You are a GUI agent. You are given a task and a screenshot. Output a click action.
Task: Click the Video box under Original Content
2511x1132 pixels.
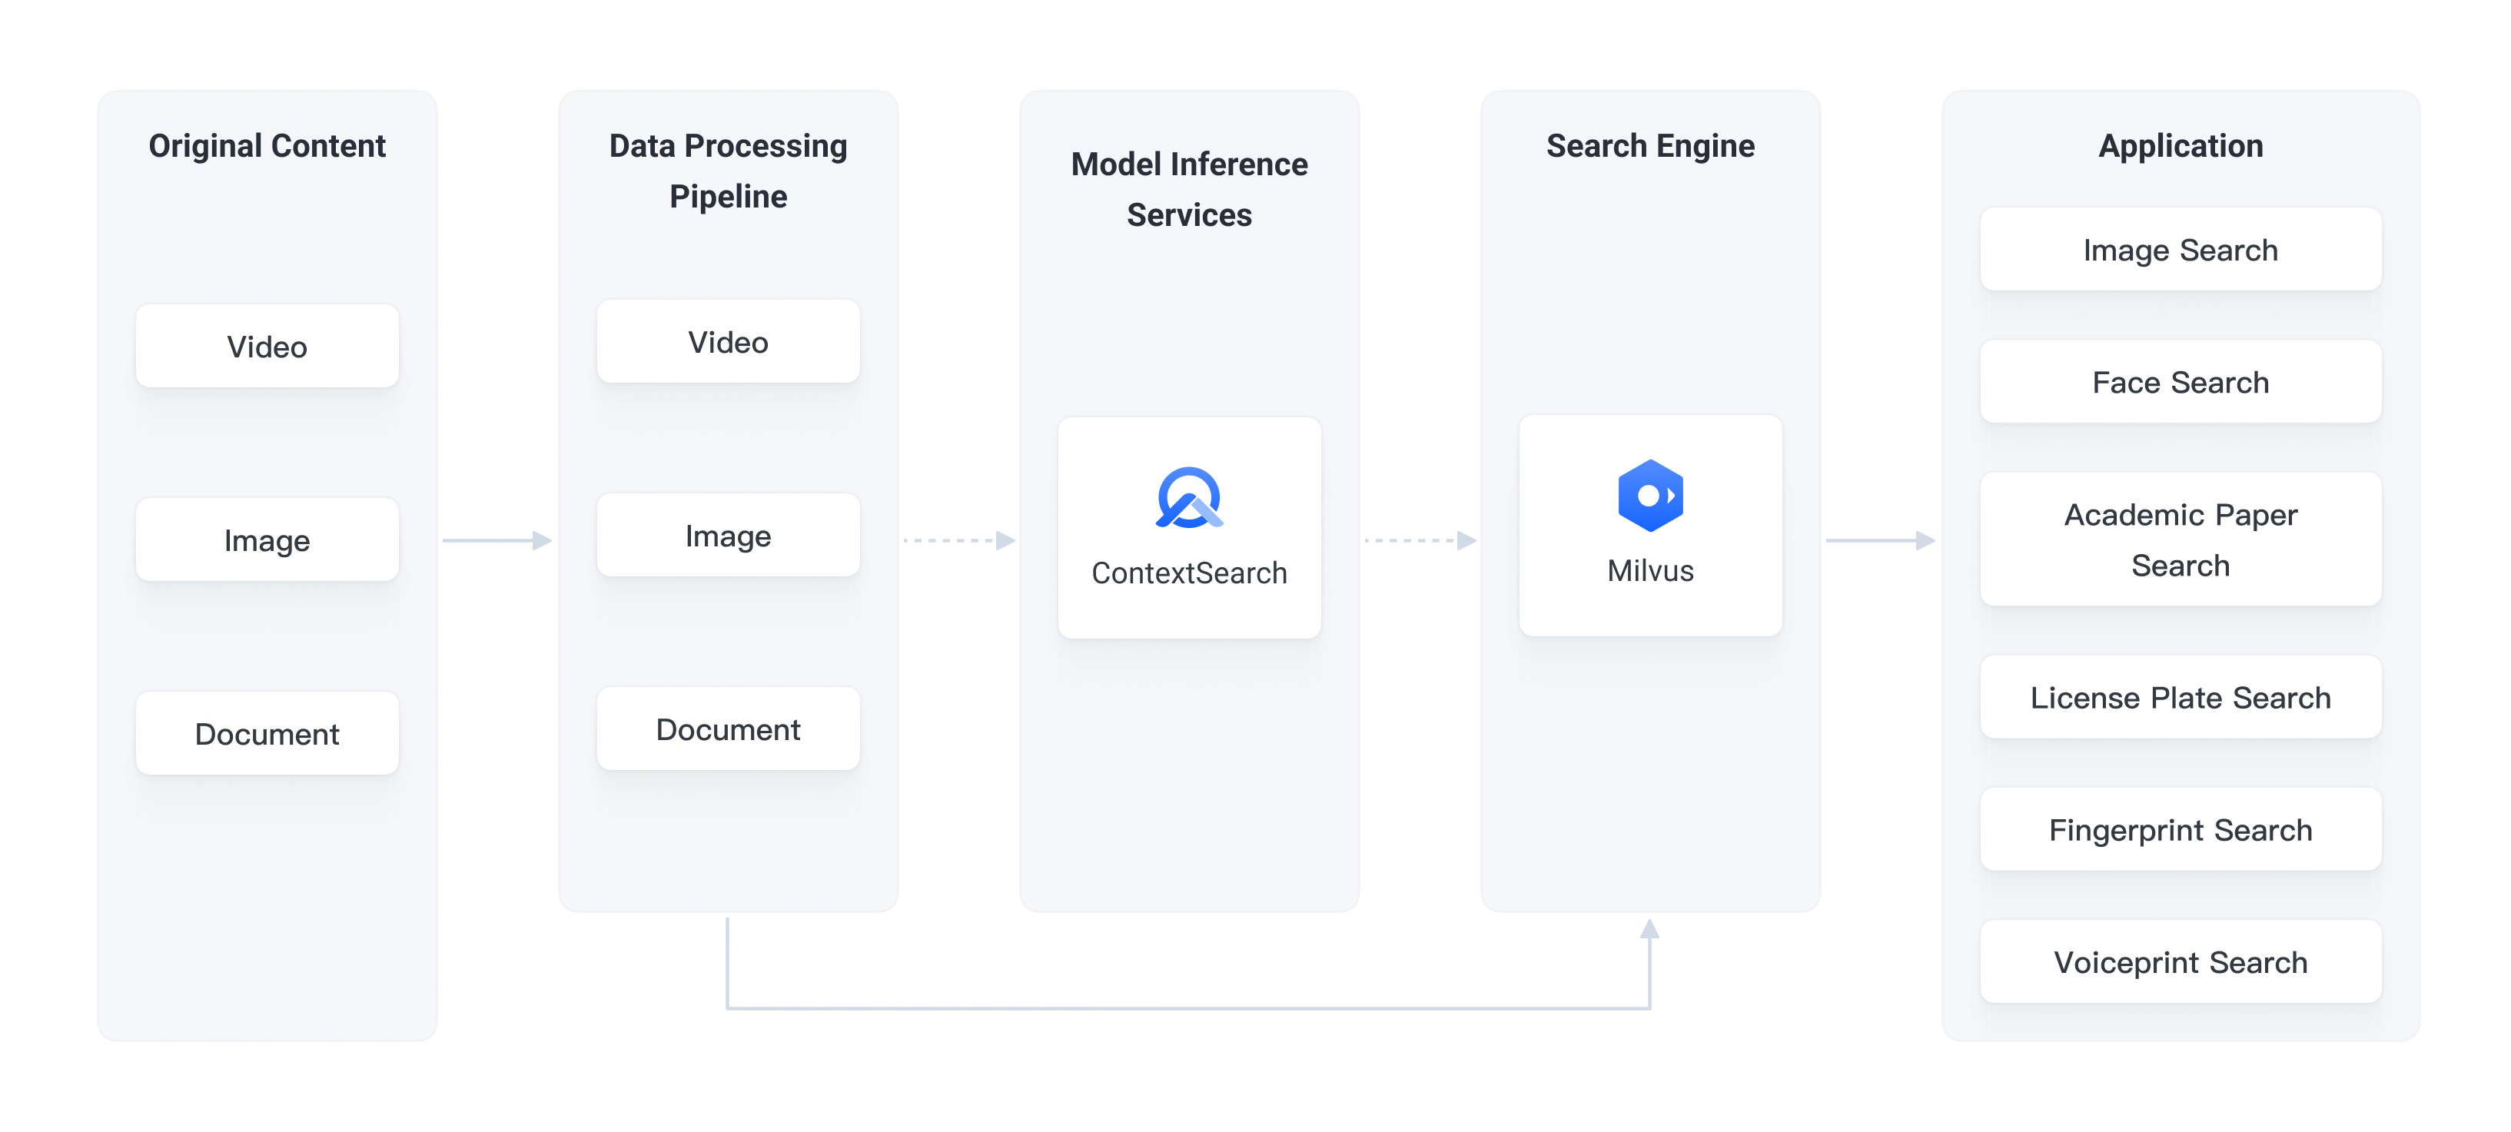coord(267,346)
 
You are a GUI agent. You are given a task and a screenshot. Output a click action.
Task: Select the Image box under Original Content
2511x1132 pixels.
coord(267,540)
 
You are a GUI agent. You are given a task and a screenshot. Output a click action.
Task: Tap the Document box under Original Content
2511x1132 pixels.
coord(267,733)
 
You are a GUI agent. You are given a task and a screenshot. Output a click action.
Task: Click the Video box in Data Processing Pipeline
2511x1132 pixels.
coord(728,341)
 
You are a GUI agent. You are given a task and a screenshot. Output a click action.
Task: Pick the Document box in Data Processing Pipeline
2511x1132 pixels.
coord(728,729)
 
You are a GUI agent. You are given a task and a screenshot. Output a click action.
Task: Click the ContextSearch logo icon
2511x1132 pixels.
coord(1188,498)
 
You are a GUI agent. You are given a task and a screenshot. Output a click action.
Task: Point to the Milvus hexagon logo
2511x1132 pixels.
coord(1649,496)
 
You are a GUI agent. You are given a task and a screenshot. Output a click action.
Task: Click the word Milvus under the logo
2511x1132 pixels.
coord(1649,570)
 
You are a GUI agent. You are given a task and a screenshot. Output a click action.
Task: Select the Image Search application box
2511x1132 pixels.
coord(2180,250)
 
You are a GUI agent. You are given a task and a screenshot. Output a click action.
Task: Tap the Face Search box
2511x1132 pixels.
coord(2180,382)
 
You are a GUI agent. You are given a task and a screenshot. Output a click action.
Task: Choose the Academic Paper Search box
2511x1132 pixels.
coord(2180,539)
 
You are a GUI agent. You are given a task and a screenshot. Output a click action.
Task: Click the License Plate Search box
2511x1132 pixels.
coord(2180,697)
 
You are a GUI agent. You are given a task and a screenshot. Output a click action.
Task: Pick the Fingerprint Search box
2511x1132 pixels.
coord(2180,830)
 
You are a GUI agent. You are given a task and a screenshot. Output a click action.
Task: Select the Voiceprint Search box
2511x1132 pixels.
coord(2180,962)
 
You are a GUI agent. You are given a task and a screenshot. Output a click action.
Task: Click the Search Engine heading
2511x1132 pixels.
coord(1649,145)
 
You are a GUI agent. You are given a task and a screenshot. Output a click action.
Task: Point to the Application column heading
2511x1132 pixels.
coord(2180,145)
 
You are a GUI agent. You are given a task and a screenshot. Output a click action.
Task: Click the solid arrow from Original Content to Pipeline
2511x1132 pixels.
coord(497,540)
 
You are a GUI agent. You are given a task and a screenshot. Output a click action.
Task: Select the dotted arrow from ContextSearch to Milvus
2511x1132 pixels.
coord(1420,540)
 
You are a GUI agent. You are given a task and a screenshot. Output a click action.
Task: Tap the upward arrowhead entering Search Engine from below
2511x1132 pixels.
coord(1649,929)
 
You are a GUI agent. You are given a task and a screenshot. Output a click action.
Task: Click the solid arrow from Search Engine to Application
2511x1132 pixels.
coord(1879,540)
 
